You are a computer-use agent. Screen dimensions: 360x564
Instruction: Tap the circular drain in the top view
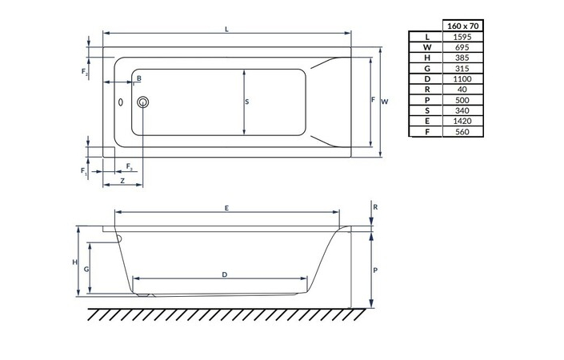point(143,102)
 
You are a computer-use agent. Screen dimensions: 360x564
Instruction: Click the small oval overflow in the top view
point(121,102)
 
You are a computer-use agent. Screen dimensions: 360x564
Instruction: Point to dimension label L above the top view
point(227,29)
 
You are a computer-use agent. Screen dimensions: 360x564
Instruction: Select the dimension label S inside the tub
point(247,102)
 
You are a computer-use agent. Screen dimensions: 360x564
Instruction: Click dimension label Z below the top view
point(122,182)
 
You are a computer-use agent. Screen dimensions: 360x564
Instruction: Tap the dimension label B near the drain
point(138,78)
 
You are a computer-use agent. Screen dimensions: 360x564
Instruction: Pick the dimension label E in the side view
point(227,208)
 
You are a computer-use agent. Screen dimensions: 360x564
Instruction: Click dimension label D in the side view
point(225,274)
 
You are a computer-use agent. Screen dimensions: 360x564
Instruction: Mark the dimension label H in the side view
point(74,262)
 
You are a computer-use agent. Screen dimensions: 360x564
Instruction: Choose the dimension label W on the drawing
point(385,102)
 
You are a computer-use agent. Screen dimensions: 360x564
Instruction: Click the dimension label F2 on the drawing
point(85,73)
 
